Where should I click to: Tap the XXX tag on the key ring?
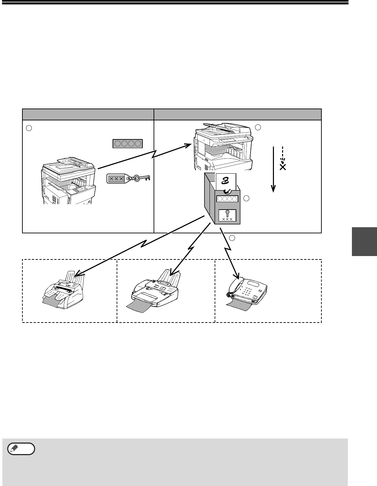(117, 178)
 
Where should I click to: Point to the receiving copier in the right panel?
(222, 146)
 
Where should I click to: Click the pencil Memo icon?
(21, 449)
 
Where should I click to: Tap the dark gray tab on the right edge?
(364, 241)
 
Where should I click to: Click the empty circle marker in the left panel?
(29, 128)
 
